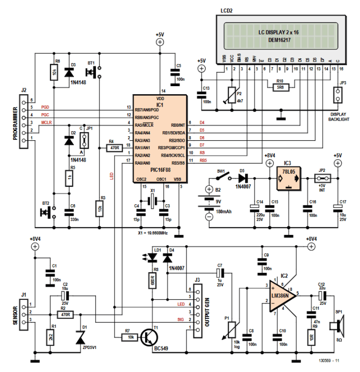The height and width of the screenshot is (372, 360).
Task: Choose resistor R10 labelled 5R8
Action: [280, 87]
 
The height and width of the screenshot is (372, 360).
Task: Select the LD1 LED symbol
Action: [152, 258]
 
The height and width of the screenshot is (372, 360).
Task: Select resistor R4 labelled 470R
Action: [113, 148]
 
